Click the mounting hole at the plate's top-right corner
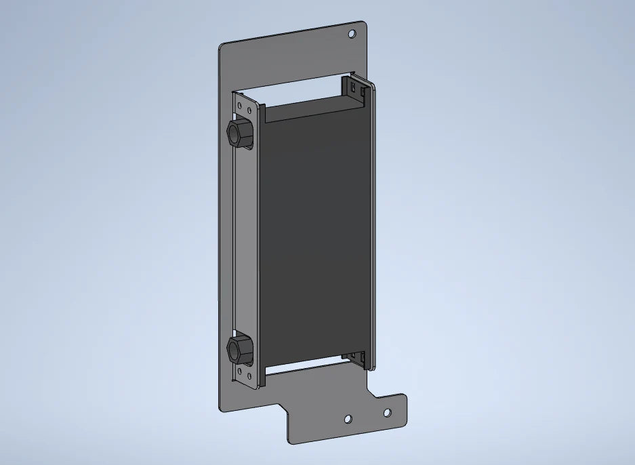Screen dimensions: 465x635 [352, 33]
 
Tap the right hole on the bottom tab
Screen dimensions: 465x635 [387, 412]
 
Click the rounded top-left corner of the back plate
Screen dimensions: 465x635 [223, 47]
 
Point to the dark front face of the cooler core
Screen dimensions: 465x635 [315, 237]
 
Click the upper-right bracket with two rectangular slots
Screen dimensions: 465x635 [356, 89]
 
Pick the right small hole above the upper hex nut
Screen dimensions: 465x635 [251, 108]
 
